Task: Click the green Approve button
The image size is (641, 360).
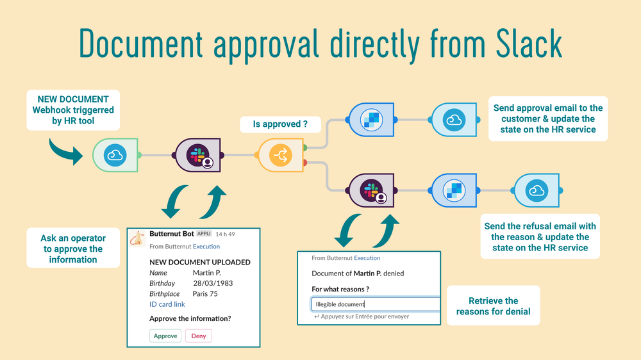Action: (x=165, y=336)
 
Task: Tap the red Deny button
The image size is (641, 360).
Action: (x=198, y=336)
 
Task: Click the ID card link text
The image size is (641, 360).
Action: (x=167, y=304)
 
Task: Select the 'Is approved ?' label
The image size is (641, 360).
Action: (x=280, y=125)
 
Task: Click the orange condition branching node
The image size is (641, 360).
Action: (x=281, y=155)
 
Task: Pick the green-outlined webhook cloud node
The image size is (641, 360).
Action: (x=115, y=155)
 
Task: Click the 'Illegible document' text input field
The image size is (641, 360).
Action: (x=376, y=305)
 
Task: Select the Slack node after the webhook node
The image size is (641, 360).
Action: (x=198, y=155)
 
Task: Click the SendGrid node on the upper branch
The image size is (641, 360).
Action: (x=370, y=119)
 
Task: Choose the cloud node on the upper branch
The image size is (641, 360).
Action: (x=454, y=119)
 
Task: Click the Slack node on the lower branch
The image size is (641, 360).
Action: (x=370, y=190)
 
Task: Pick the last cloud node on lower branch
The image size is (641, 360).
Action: (x=535, y=190)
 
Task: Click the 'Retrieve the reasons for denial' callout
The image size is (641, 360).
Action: (x=493, y=306)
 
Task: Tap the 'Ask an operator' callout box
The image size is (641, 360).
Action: (x=73, y=249)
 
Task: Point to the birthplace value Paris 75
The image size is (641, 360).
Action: (x=205, y=294)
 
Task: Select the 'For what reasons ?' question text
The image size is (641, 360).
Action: (x=340, y=289)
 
